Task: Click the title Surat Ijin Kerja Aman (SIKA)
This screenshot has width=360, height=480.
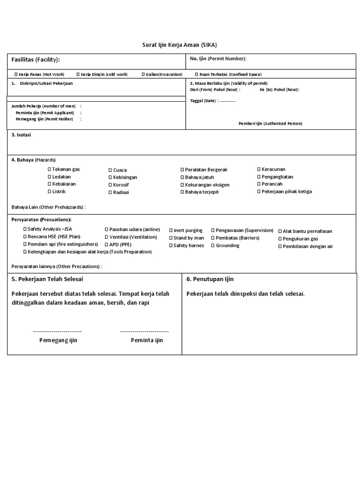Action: pyautogui.click(x=180, y=45)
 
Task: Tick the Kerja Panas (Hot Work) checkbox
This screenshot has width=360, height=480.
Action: pyautogui.click(x=16, y=74)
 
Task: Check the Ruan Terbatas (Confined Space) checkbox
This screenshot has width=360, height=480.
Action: pyautogui.click(x=196, y=74)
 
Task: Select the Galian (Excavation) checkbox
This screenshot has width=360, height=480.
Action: pyautogui.click(x=143, y=74)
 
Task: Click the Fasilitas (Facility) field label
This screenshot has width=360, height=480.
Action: pyautogui.click(x=36, y=60)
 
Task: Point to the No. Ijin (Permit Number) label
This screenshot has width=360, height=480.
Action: pyautogui.click(x=218, y=59)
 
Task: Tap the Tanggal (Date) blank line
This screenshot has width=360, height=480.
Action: pyautogui.click(x=227, y=101)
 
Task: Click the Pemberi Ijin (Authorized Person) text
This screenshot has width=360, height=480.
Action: pyautogui.click(x=270, y=123)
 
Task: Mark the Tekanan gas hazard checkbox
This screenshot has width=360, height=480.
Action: pyautogui.click(x=49, y=169)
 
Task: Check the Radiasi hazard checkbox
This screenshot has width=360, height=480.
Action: pyautogui.click(x=110, y=193)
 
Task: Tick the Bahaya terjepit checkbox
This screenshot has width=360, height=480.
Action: pyautogui.click(x=182, y=192)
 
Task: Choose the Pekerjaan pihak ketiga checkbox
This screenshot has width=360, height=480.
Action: pyautogui.click(x=259, y=191)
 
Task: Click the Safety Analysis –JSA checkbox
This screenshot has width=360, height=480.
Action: pyautogui.click(x=25, y=229)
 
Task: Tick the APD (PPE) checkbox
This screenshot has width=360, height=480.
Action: pyautogui.click(x=106, y=245)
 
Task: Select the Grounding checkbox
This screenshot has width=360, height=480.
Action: pyautogui.click(x=213, y=246)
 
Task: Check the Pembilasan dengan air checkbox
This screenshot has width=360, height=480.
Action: pyautogui.click(x=280, y=247)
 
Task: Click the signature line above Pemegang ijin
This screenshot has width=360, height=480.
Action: pyautogui.click(x=58, y=331)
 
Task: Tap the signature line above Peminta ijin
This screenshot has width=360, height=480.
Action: pyautogui.click(x=144, y=331)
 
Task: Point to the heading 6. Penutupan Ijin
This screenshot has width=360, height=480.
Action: pyautogui.click(x=210, y=279)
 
